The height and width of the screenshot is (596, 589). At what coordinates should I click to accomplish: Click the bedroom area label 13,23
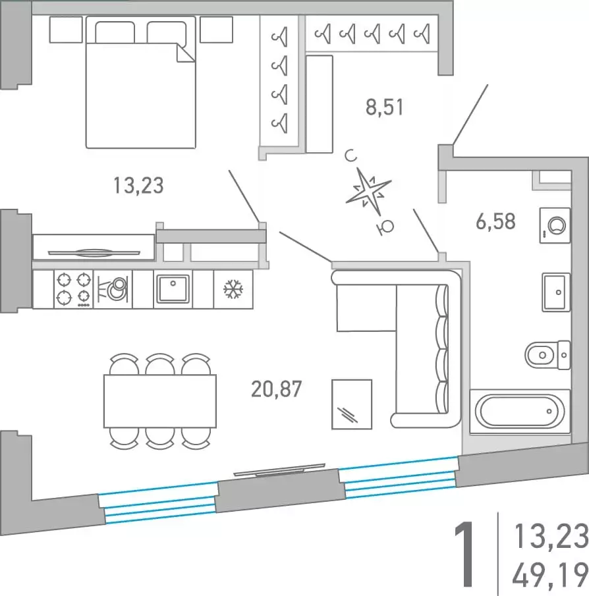(139, 186)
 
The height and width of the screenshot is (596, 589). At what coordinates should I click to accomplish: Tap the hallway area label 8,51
(384, 107)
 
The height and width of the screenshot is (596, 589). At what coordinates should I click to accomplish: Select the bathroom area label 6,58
(496, 221)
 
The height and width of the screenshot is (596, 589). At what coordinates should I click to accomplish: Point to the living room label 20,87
(277, 389)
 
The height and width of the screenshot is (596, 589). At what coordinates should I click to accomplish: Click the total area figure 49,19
(550, 576)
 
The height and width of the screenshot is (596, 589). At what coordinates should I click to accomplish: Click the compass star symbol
(368, 192)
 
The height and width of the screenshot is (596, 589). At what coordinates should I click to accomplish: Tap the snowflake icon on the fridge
(233, 289)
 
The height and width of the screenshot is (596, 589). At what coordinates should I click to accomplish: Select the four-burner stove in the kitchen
(74, 289)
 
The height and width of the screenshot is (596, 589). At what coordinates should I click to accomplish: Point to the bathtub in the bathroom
(520, 411)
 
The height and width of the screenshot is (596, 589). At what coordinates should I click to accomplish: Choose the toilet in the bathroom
(547, 355)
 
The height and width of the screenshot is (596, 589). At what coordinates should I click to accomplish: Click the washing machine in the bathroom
(555, 226)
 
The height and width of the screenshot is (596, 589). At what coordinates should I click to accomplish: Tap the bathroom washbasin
(556, 292)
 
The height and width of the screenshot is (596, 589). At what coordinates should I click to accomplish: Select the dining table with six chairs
(160, 401)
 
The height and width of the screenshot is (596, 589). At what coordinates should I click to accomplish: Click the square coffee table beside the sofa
(352, 404)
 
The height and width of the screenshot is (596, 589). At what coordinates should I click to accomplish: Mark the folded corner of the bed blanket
(186, 53)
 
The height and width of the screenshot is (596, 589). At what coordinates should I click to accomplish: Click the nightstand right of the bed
(216, 30)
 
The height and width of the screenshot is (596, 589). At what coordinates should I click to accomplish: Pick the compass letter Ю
(385, 227)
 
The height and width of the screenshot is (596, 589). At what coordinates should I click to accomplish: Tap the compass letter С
(351, 155)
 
